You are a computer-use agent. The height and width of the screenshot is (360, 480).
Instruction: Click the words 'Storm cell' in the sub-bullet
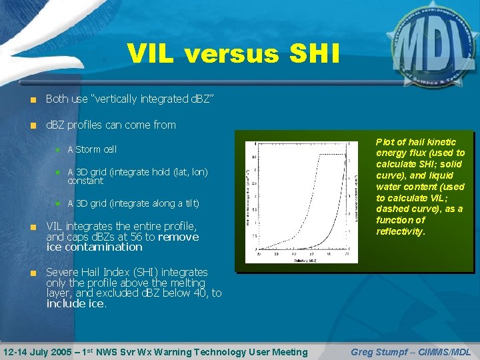click(x=95, y=149)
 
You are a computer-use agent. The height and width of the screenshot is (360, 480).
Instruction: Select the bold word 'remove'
click(x=178, y=237)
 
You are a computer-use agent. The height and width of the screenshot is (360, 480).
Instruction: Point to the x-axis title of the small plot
click(x=304, y=260)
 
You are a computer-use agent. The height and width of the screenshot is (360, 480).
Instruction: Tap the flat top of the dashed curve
click(x=333, y=155)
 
